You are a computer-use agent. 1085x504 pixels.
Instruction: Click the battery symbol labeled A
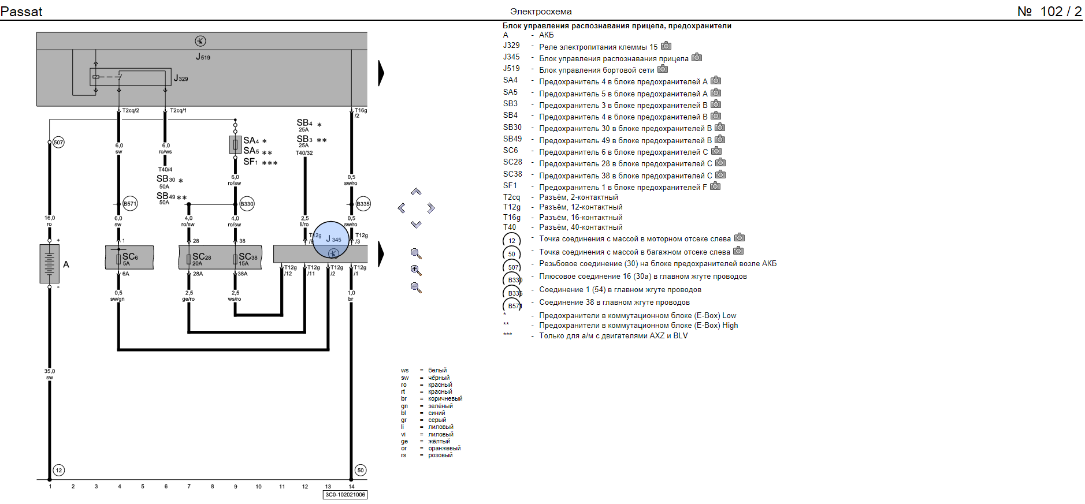pos(50,264)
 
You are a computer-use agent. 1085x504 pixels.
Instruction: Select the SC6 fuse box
pos(129,257)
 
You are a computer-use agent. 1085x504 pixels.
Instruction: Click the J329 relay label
pos(181,78)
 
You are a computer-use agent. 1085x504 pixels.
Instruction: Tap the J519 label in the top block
pos(203,57)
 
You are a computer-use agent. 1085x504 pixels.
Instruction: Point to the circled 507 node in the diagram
pos(58,143)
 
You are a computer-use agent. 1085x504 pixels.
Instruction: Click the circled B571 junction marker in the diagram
pos(130,204)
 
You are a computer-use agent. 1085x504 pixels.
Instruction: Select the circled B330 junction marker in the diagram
pos(247,204)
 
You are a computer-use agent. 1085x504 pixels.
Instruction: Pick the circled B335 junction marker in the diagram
pos(363,204)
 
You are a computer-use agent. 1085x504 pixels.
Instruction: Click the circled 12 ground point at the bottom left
pos(58,470)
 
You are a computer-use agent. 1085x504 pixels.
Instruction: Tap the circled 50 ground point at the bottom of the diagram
pos(361,470)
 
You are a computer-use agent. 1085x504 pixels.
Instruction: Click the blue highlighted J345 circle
pos(332,239)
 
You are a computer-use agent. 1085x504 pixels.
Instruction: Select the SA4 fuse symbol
pos(235,144)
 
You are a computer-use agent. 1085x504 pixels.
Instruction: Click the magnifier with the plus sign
pos(416,270)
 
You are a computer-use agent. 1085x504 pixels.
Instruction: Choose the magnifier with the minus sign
pos(416,288)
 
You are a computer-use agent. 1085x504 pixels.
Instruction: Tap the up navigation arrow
pos(416,192)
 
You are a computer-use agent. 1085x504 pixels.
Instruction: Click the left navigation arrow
pos(402,208)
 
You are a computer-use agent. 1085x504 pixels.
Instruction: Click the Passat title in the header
pos(21,12)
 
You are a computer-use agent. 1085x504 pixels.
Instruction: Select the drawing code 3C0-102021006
pos(345,495)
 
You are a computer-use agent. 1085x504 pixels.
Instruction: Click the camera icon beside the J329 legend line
pos(666,46)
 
